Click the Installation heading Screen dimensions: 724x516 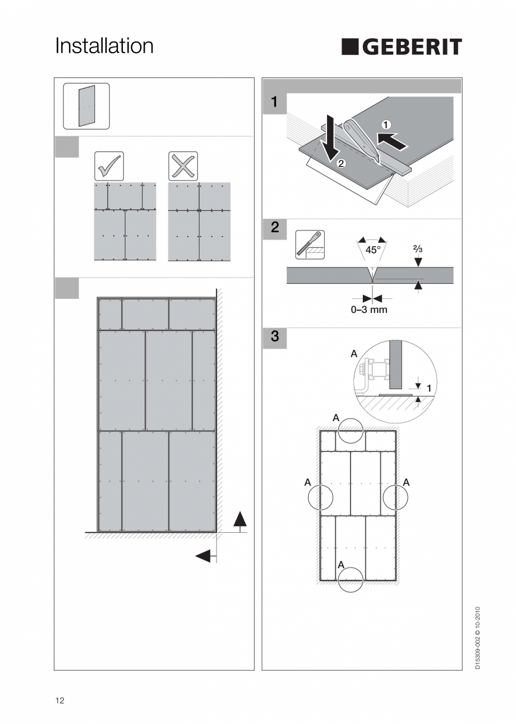(x=104, y=46)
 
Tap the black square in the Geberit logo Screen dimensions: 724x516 (x=350, y=47)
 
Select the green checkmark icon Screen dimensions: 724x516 (x=109, y=166)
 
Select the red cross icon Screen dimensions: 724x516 (x=183, y=166)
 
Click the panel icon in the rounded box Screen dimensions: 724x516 (x=86, y=106)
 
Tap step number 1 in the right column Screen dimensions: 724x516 (x=274, y=103)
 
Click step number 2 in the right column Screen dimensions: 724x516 (x=274, y=228)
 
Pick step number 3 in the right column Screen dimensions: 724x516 (x=274, y=337)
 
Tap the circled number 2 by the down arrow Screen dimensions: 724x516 (x=340, y=164)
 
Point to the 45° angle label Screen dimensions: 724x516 (x=373, y=250)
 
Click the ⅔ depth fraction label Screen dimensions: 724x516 (x=418, y=248)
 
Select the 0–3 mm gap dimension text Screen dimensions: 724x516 (x=368, y=310)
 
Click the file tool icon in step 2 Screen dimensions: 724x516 (x=310, y=245)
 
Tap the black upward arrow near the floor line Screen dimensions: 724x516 (x=239, y=519)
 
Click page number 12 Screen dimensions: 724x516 (x=60, y=700)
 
